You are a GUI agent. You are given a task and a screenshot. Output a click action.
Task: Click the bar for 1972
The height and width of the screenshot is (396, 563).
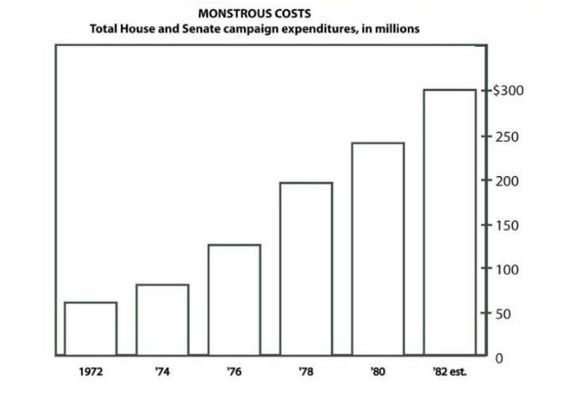pyautogui.click(x=91, y=329)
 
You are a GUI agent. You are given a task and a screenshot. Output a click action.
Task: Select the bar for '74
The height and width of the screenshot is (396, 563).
pyautogui.click(x=162, y=320)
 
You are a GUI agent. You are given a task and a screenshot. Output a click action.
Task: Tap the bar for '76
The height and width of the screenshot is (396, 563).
pyautogui.click(x=234, y=300)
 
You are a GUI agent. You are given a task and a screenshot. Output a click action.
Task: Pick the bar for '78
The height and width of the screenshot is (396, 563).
pyautogui.click(x=305, y=269)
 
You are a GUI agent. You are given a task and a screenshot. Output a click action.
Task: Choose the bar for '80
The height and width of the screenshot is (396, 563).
pyautogui.click(x=378, y=249)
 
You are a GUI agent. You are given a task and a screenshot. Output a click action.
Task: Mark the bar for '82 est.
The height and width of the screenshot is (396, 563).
pyautogui.click(x=449, y=222)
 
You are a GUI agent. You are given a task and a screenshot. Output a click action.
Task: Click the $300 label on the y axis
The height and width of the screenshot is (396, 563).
pyautogui.click(x=508, y=90)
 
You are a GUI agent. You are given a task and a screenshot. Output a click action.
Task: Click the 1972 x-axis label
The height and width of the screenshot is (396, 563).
pyautogui.click(x=91, y=371)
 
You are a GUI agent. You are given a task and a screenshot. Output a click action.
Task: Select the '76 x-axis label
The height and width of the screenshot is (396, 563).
pyautogui.click(x=234, y=371)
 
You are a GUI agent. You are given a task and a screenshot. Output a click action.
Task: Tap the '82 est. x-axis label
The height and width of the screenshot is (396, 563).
pyautogui.click(x=449, y=371)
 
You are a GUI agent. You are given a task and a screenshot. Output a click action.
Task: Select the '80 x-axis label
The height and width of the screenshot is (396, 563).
pyautogui.click(x=378, y=371)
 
